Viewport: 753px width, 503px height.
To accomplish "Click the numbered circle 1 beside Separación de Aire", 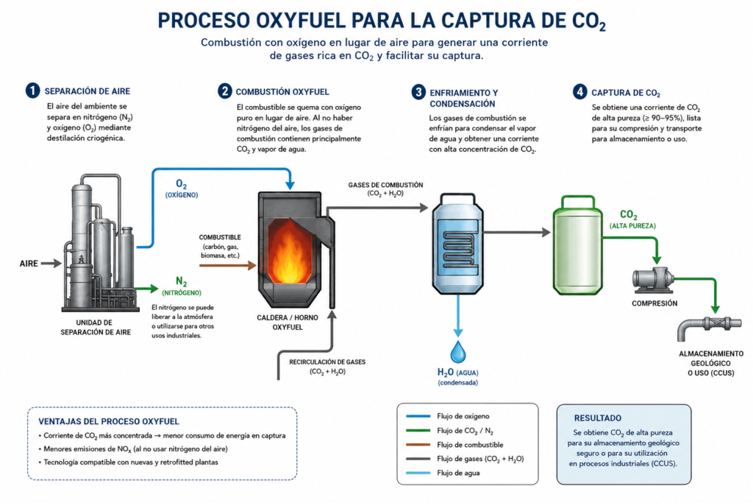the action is [x=32, y=91].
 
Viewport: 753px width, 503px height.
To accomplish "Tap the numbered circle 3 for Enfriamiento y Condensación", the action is [x=418, y=92].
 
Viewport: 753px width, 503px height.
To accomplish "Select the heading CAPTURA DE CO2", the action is [x=625, y=94].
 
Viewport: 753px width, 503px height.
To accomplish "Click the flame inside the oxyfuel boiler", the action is [x=289, y=253].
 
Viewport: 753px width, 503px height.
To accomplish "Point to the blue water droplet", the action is [x=458, y=352].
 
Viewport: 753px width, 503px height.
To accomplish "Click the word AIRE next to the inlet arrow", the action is [x=29, y=264].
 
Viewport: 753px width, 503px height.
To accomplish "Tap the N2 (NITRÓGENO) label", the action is [x=182, y=286].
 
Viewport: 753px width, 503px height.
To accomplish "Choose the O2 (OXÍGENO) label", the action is [x=182, y=189].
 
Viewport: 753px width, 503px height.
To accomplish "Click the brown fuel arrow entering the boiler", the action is [x=228, y=265].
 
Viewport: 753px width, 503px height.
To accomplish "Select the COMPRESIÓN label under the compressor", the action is [x=654, y=303].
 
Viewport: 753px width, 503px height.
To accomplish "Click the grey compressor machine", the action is [x=652, y=280].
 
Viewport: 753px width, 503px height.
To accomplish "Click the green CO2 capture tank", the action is [x=578, y=245].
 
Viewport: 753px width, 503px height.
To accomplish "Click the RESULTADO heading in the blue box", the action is [x=597, y=418].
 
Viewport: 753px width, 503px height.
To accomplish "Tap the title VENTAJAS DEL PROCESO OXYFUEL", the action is [x=109, y=421].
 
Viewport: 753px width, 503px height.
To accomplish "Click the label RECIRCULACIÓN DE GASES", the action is [x=327, y=362].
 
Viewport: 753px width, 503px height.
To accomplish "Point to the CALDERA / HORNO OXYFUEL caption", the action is [x=288, y=322].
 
